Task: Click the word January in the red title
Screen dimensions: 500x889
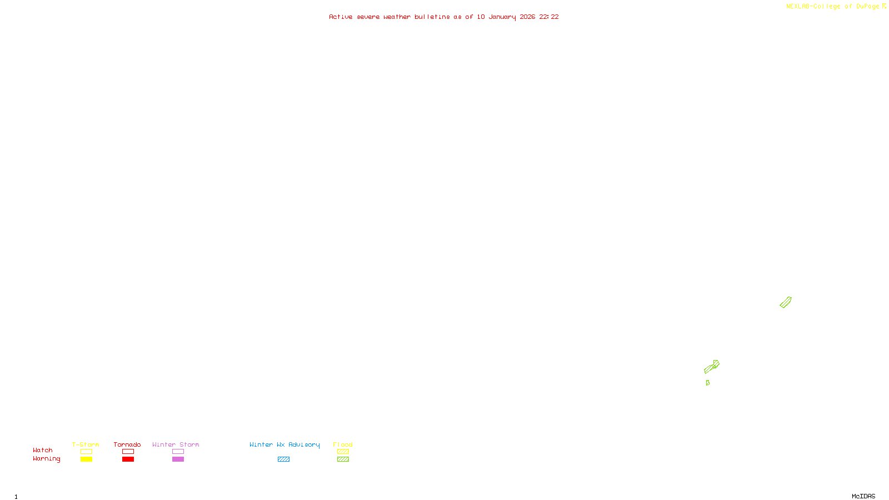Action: [x=502, y=17]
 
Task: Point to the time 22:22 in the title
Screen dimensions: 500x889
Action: [x=549, y=17]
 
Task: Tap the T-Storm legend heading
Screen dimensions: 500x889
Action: [x=86, y=444]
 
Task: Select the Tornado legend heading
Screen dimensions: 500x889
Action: [x=127, y=444]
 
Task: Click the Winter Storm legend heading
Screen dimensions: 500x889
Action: [x=176, y=444]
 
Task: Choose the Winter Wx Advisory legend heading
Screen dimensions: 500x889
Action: [x=284, y=444]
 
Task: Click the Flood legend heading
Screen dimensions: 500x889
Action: [x=343, y=444]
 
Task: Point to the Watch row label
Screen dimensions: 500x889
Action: [x=43, y=451]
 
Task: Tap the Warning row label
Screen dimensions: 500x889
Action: [x=47, y=459]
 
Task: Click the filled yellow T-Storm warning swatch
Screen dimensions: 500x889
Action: [x=86, y=459]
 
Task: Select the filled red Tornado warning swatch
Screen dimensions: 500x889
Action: [x=128, y=459]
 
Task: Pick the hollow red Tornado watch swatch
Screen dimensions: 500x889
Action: [x=128, y=452]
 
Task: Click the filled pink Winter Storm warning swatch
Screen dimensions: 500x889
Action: [x=178, y=459]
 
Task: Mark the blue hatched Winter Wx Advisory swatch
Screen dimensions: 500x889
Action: [x=283, y=459]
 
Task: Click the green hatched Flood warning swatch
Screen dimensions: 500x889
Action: [x=343, y=459]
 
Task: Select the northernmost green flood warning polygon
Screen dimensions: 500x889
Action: [x=786, y=302]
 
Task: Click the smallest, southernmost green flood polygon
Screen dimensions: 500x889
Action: [x=707, y=383]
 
